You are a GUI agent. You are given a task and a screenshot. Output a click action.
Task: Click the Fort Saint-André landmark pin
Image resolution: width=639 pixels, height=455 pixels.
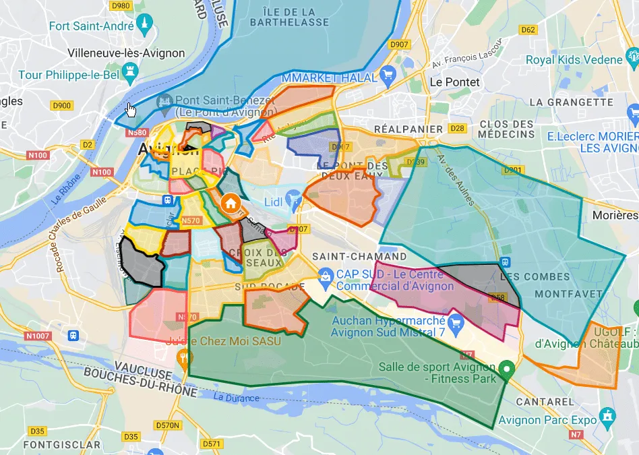(x=144, y=26)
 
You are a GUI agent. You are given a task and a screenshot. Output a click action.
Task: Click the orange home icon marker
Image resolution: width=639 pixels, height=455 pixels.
(x=231, y=202)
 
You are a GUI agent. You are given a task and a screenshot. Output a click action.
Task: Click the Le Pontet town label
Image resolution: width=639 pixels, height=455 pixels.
(x=454, y=82)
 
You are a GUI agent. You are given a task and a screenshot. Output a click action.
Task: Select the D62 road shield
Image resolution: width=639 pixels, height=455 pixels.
(x=528, y=30)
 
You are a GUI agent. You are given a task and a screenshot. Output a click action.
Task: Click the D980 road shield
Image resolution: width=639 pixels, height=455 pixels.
(x=121, y=6)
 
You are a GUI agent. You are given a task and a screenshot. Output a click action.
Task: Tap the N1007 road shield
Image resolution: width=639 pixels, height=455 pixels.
(x=38, y=336)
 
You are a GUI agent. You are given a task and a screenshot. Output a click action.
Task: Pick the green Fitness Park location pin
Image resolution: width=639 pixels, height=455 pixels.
(x=508, y=368)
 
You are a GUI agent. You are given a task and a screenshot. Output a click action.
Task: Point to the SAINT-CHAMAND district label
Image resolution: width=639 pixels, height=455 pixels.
(x=359, y=257)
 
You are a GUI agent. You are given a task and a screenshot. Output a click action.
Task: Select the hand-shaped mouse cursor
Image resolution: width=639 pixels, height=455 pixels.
(x=131, y=109)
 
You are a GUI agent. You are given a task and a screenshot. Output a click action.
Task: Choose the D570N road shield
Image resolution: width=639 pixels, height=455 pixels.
(x=168, y=425)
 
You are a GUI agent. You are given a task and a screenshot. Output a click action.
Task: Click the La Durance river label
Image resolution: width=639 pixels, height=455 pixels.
(x=236, y=398)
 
